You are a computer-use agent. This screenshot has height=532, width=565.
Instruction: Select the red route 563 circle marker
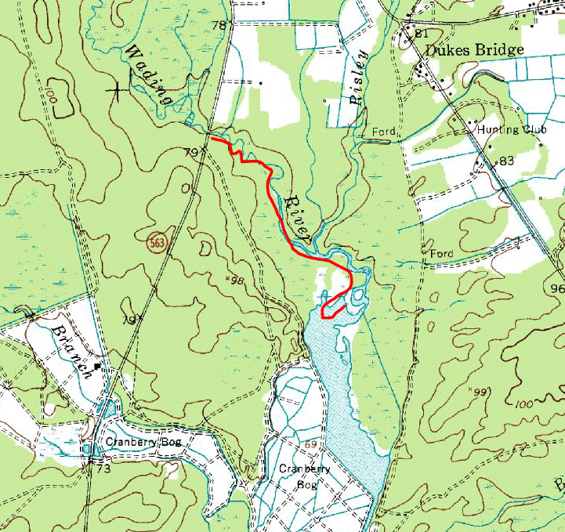pos(157,244)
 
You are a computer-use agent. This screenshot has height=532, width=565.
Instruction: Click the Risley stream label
pos(359,78)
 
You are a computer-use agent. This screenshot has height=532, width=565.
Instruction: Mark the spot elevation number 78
pos(219,26)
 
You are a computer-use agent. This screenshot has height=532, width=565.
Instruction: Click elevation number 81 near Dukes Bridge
pos(422,34)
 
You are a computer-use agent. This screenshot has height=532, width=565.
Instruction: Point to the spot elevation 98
pos(237,280)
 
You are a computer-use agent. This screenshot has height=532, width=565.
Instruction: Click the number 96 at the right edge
pos(557,288)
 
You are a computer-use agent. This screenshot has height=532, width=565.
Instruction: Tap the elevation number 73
pos(103,469)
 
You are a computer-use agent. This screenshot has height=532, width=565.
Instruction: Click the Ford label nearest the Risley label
pos(384,132)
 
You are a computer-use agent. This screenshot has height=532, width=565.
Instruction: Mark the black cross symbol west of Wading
pos(118,90)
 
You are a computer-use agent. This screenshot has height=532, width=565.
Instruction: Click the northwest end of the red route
pos(212,138)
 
